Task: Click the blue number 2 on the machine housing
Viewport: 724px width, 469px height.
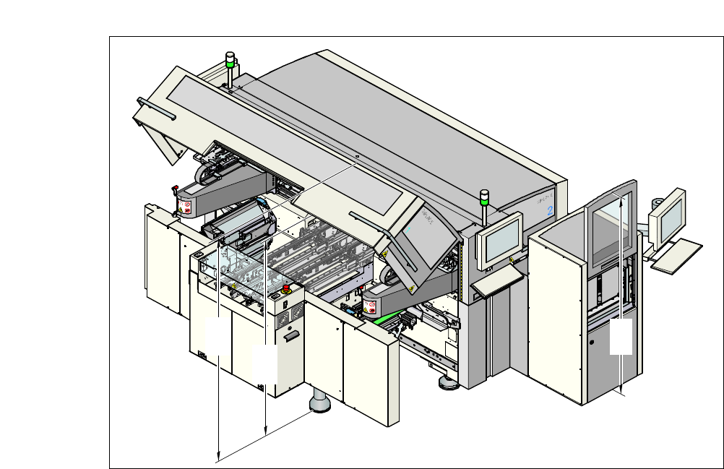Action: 550,212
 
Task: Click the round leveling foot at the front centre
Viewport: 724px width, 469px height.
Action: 319,403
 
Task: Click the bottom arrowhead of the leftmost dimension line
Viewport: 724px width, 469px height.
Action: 218,456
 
